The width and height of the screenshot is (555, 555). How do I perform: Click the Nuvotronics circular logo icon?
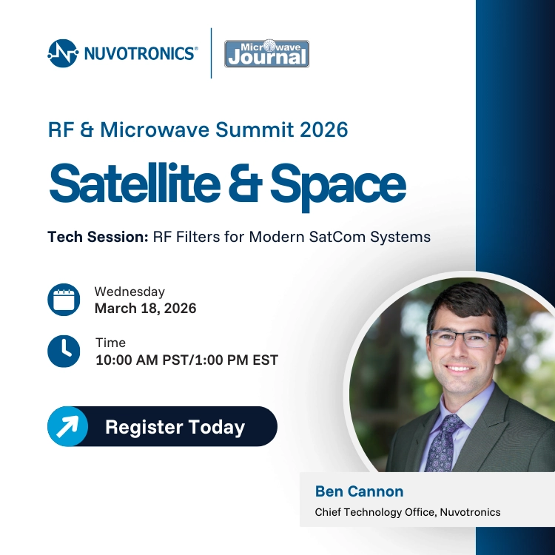(x=63, y=53)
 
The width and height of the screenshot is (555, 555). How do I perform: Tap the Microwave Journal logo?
(x=266, y=54)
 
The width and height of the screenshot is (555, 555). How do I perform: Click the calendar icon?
(x=64, y=300)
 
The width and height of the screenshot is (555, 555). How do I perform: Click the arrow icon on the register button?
(x=67, y=427)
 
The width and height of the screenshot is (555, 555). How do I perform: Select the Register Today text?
(x=175, y=427)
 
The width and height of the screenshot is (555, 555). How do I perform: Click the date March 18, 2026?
(x=145, y=309)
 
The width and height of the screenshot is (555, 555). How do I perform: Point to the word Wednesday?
(x=129, y=292)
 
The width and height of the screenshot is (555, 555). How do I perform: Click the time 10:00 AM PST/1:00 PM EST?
(x=186, y=360)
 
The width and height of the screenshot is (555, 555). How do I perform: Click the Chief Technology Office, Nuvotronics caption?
(x=407, y=512)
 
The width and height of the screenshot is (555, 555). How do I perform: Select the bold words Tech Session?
(x=98, y=238)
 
